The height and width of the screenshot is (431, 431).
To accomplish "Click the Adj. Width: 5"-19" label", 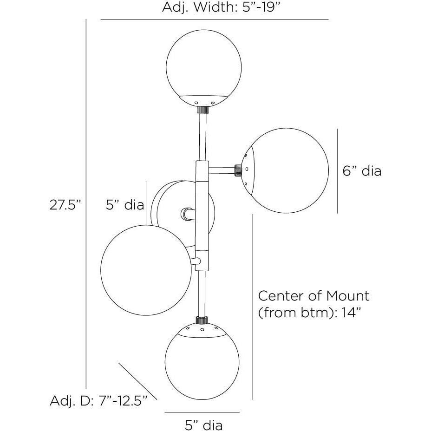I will coord(215,7).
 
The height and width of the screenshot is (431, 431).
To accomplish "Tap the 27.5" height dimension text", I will coord(65,205).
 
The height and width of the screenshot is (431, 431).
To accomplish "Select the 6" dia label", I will coord(362,171).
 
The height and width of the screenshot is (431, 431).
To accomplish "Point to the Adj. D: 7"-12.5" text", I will coord(98,401).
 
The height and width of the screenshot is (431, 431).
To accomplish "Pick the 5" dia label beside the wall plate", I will coord(124,205).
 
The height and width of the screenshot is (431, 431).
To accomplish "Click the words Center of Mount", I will coord(313,295).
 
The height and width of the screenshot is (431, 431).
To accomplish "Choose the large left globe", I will coord(146,271).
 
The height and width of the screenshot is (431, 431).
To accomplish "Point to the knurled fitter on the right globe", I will coord(238,170).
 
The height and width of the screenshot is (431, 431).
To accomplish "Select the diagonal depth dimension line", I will coord(138,381).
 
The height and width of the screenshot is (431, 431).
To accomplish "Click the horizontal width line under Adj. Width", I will coord(215,20).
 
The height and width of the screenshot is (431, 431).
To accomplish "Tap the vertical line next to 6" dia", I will coord(337,170).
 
